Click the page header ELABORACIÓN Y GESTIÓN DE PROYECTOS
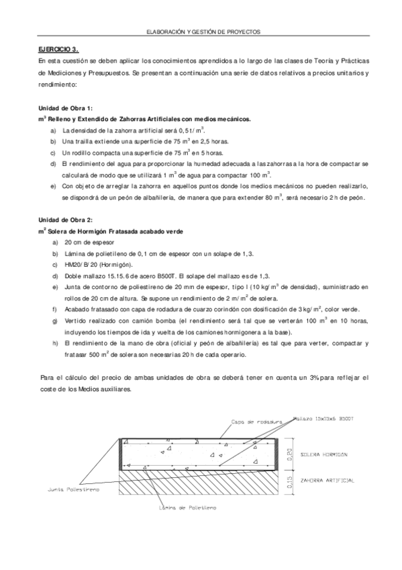click(x=202, y=32)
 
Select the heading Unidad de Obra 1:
click(x=66, y=108)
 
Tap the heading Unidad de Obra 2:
click(x=66, y=220)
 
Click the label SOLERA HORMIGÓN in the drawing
click(x=324, y=454)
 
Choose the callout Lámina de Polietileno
click(x=187, y=507)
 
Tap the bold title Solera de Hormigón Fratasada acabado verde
click(x=115, y=231)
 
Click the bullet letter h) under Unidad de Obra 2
click(x=54, y=342)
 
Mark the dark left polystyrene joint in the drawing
click(x=120, y=454)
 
